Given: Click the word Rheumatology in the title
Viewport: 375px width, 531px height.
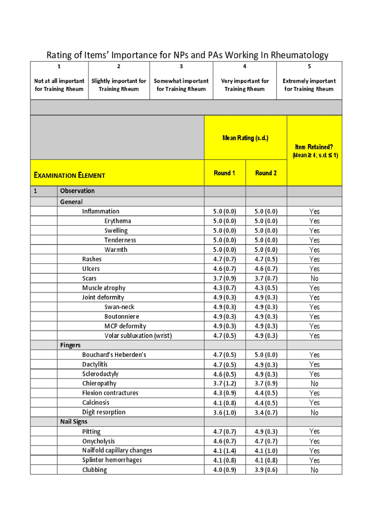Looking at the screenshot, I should (x=299, y=55).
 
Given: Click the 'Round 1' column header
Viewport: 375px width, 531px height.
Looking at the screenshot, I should (x=224, y=173).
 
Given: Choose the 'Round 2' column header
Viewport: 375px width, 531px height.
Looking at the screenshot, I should (x=266, y=173).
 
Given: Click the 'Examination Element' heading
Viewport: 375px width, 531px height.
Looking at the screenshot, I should (x=69, y=175).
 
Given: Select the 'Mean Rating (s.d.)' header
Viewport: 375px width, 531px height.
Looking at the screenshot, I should (x=245, y=138).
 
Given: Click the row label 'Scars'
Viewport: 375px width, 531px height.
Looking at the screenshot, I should (x=89, y=278).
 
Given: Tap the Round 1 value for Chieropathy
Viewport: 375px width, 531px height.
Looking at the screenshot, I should (x=224, y=383).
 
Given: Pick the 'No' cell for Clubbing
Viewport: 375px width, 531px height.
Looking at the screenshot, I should (x=314, y=470).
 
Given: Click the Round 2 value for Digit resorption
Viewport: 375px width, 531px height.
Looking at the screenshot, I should (x=266, y=412).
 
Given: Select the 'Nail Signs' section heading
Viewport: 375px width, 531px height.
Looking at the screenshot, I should (x=74, y=422).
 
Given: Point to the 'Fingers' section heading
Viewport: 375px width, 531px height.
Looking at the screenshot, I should (x=70, y=345).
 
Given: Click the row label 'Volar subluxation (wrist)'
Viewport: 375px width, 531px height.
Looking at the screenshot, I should (x=138, y=336).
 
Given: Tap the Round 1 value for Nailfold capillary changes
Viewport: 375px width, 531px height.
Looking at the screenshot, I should (x=224, y=451).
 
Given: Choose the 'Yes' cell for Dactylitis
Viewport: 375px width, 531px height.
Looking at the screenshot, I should (x=314, y=364).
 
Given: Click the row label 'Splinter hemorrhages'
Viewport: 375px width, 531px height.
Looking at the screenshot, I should (x=112, y=460).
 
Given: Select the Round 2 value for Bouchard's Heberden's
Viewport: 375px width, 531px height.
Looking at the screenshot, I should (x=266, y=355).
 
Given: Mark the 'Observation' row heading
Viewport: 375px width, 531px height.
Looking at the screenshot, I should (x=77, y=191).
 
